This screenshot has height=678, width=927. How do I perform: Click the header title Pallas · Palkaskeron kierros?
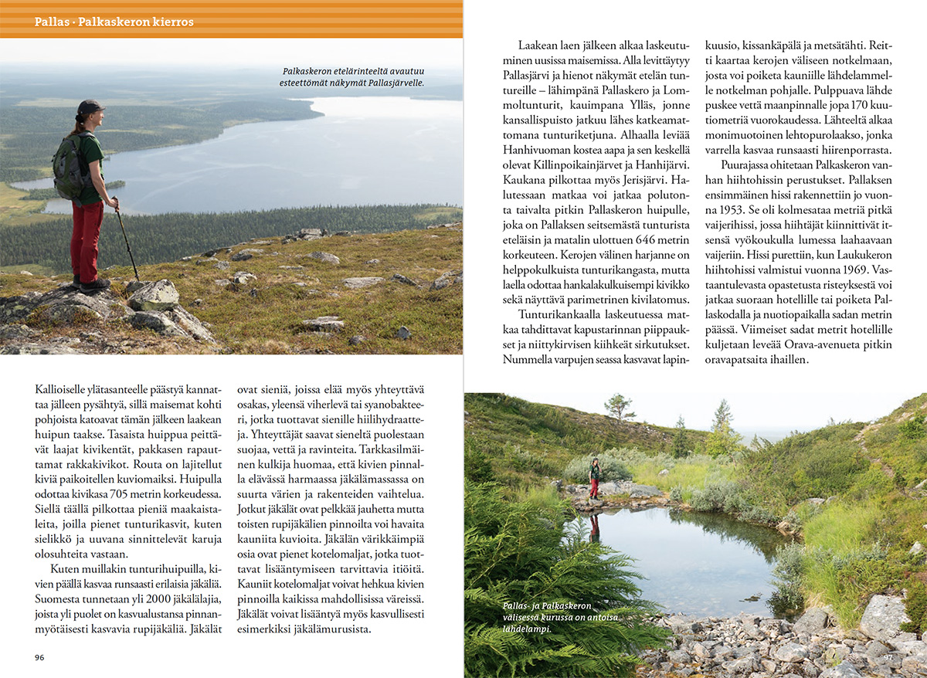114,22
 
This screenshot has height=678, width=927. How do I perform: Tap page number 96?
40,657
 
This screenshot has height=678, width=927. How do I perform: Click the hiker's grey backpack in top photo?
70,165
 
